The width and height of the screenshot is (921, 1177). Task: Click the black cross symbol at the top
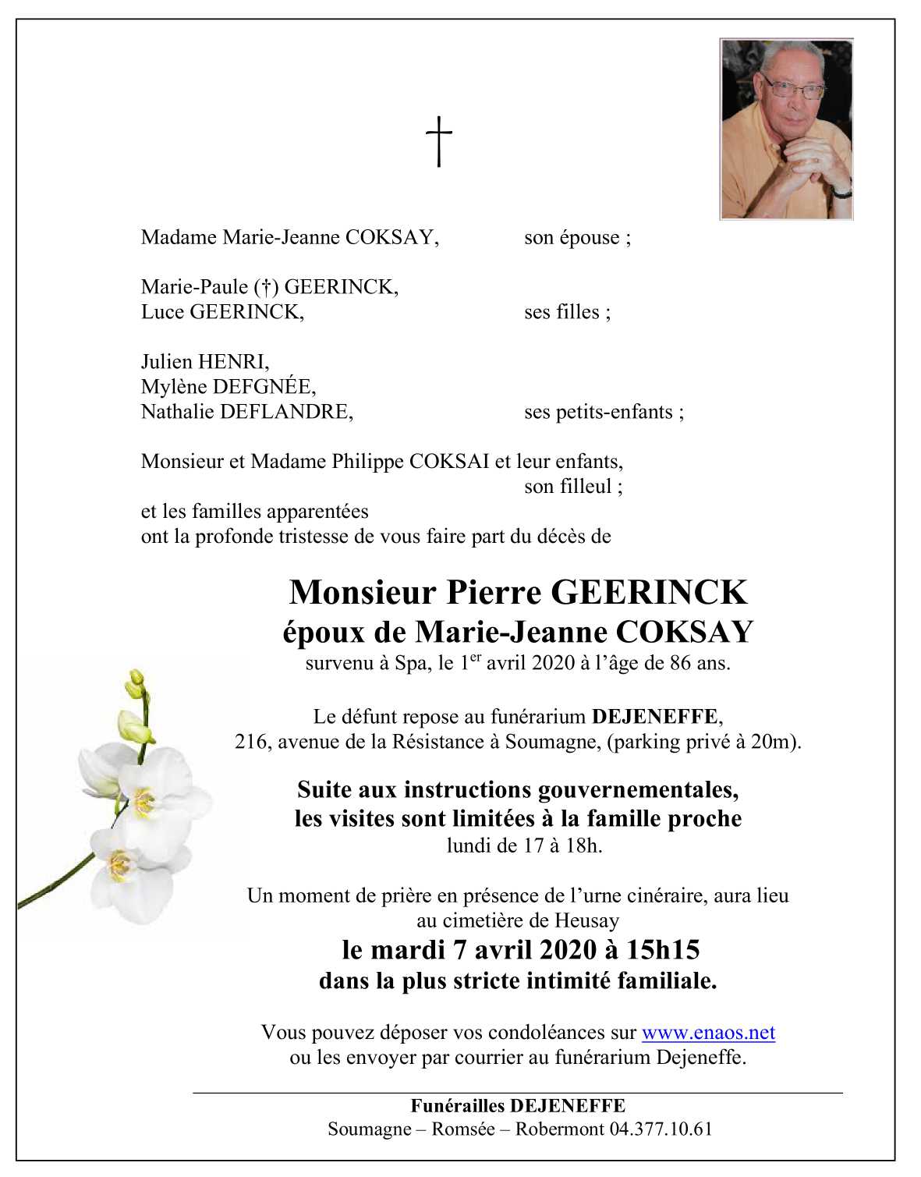[x=439, y=141]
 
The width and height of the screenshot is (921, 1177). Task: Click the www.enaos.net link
[x=708, y=1033]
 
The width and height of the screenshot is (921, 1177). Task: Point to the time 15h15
[x=663, y=949]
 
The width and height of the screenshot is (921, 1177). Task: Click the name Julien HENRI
[x=204, y=361]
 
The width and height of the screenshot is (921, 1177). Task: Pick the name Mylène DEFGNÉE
[x=228, y=386]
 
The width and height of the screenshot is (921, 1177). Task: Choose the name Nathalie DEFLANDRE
[x=246, y=411]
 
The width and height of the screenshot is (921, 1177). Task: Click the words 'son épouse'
[x=572, y=237]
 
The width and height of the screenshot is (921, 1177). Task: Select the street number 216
[x=250, y=741]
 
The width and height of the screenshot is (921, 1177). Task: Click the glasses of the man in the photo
[x=792, y=88]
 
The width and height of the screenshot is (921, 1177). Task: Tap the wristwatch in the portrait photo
[x=841, y=190]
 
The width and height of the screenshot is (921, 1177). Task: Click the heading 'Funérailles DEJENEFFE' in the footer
[x=518, y=1105]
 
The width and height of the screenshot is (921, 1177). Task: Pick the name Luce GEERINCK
[x=221, y=312]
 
